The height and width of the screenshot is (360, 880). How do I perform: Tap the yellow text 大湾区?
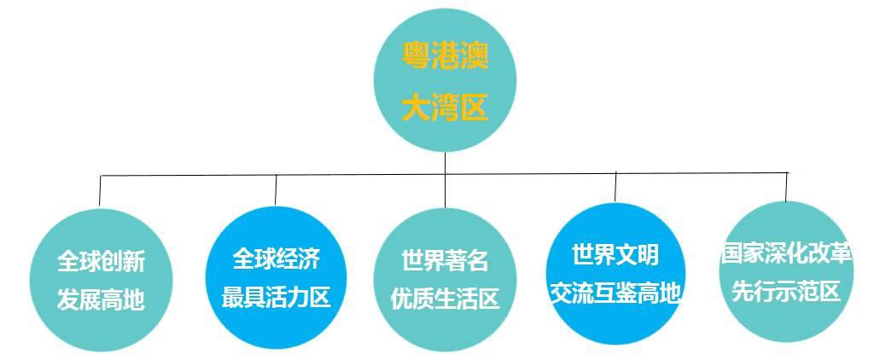coord(445,109)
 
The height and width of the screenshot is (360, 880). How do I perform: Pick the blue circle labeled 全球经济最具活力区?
coord(276,275)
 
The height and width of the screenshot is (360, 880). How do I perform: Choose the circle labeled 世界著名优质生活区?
coord(445,278)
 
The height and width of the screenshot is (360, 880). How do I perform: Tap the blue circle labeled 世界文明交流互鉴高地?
coord(615,273)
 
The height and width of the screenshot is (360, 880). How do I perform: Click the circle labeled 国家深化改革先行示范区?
coord(786,271)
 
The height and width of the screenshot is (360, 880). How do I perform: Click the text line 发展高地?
coord(101,299)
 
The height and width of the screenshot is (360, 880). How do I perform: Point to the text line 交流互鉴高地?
coord(615,293)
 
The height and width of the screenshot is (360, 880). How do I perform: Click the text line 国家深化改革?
coord(786,253)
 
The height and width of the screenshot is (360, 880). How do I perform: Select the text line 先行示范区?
coord(786,291)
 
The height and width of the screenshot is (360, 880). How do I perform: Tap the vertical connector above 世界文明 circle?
coord(615,187)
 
